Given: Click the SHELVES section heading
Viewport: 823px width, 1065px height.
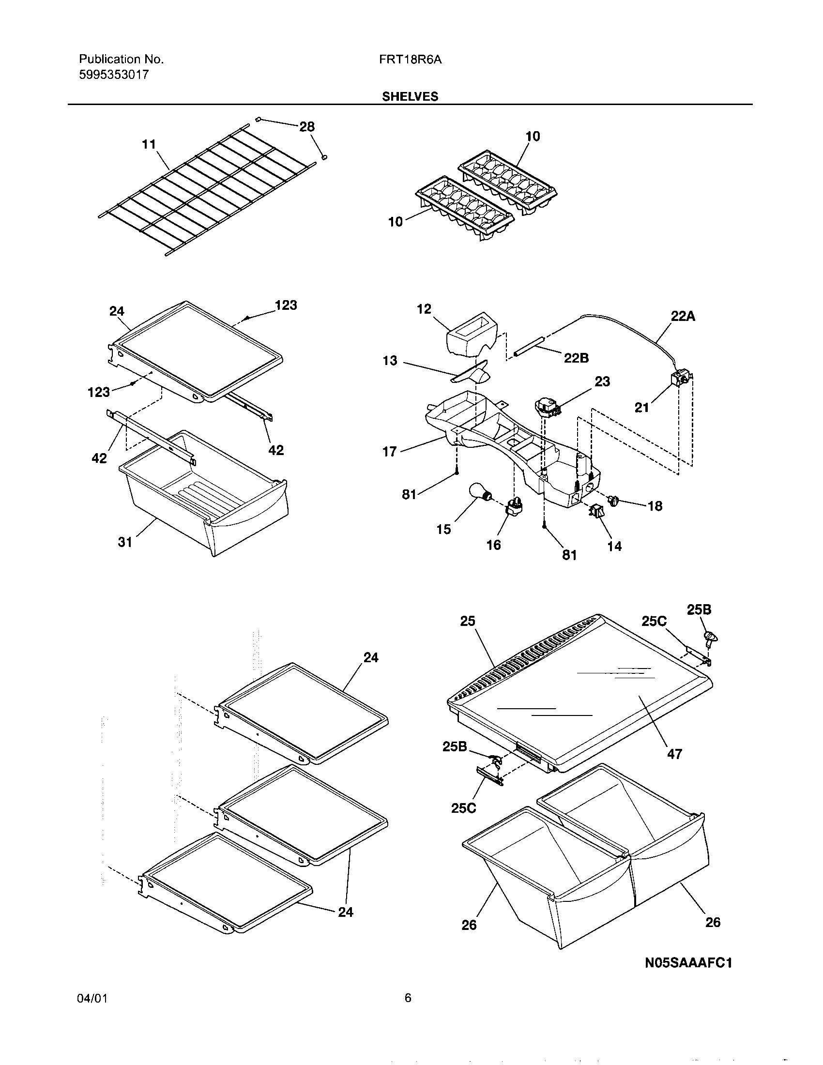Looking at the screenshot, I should click(x=410, y=96).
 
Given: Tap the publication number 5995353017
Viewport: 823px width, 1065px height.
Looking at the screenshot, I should click(x=114, y=75).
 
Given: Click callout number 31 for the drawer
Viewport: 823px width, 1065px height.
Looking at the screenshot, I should click(x=125, y=542).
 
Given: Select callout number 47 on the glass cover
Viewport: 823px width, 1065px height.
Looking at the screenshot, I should click(x=674, y=754).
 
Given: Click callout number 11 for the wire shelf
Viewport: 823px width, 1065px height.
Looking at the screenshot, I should click(x=149, y=144).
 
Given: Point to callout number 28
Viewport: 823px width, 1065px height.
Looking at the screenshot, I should click(x=306, y=127).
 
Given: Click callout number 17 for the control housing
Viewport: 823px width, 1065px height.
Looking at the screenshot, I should click(x=390, y=452).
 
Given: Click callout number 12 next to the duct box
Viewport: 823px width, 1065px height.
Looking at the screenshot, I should click(x=424, y=309).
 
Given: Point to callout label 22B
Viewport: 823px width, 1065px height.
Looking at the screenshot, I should click(x=576, y=358).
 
